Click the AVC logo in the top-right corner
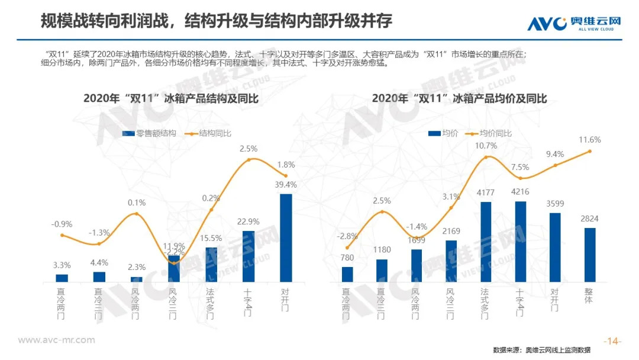pos(573,23)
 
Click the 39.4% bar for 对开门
pos(286,238)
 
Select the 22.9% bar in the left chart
pos(248,256)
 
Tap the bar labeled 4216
pos(521,242)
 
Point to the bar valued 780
pos(347,274)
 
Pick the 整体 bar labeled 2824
pos(589,255)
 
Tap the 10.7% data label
pos(487,145)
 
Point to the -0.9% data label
pos(62,224)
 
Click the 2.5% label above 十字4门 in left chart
pos(249,148)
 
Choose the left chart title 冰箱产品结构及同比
pos(171,98)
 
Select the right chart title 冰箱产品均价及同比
pos(459,98)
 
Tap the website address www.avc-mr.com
pos(56,340)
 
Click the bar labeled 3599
pos(555,247)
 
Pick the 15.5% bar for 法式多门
pos(211,264)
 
